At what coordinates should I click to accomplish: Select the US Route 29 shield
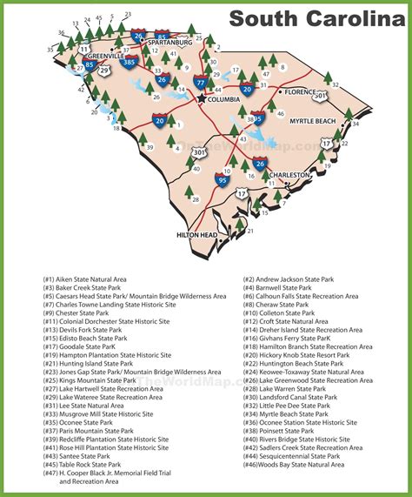104,69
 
